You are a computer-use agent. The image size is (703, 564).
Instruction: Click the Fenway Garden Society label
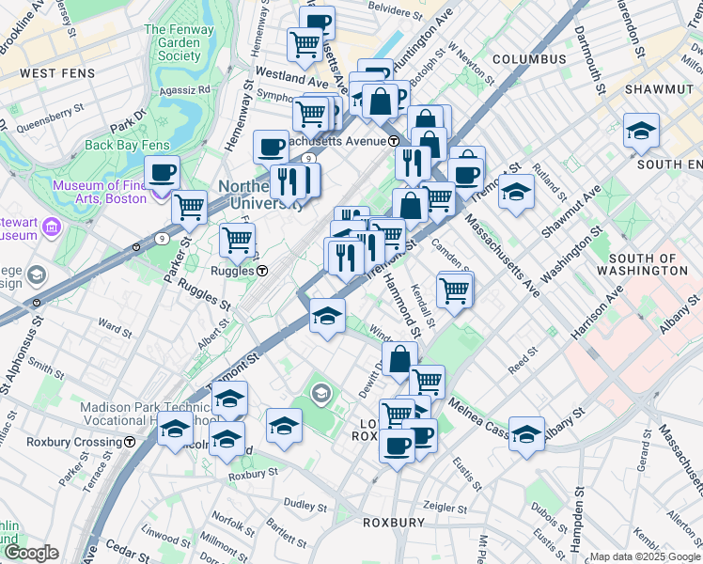(172, 42)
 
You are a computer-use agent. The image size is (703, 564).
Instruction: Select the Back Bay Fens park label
(125, 145)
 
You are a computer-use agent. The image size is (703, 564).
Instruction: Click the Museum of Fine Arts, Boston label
(100, 192)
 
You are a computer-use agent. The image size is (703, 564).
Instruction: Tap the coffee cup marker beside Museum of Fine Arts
(162, 173)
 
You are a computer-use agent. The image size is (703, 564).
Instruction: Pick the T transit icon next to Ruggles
(262, 271)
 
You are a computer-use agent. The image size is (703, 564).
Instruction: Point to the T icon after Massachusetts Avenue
(395, 141)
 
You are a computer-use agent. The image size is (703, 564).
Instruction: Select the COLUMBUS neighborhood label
(529, 59)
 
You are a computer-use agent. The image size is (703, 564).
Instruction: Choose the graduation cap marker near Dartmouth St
(641, 131)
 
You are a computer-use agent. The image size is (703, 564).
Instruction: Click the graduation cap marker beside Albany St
(526, 432)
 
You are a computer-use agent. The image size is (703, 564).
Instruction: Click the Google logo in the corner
(30, 553)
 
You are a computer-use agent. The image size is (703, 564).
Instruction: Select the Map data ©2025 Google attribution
(645, 556)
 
